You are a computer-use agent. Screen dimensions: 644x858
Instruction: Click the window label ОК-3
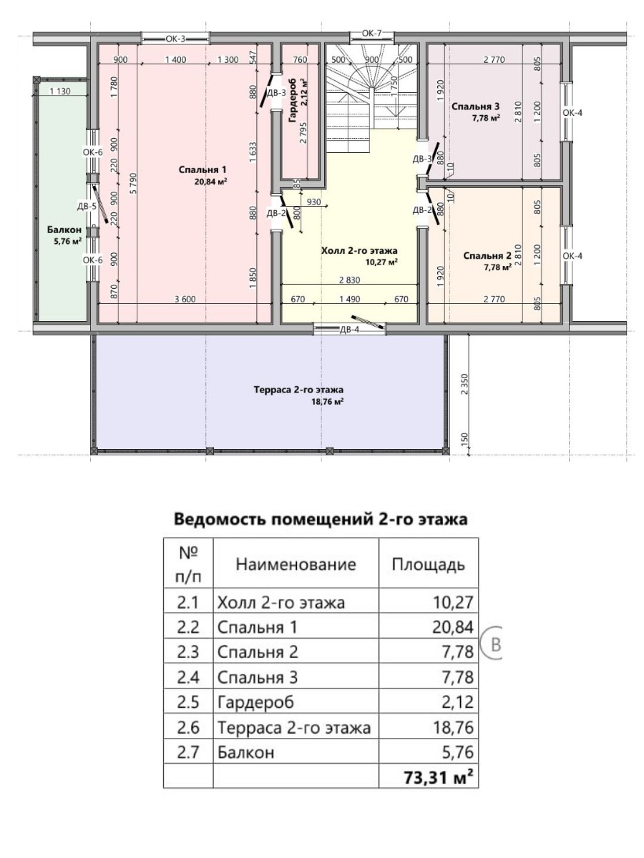pyautogui.click(x=175, y=39)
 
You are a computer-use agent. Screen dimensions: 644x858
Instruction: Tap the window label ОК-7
pyautogui.click(x=371, y=33)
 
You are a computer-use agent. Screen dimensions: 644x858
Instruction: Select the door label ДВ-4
pyautogui.click(x=349, y=330)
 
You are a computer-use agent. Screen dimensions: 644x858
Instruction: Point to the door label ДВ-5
pyautogui.click(x=87, y=207)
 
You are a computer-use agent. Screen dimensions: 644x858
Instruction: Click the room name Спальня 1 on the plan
pyautogui.click(x=203, y=169)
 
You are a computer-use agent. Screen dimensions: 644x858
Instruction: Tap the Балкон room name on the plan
pyautogui.click(x=64, y=230)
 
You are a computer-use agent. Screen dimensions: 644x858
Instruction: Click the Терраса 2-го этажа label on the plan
pyautogui.click(x=298, y=390)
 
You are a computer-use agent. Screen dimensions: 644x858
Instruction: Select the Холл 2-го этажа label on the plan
pyautogui.click(x=359, y=250)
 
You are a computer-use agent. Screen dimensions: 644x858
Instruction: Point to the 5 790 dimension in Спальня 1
pyautogui.click(x=134, y=183)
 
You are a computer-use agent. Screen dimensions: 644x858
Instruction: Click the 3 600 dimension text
pyautogui.click(x=185, y=300)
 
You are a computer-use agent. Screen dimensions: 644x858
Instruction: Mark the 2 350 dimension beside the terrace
pyautogui.click(x=464, y=385)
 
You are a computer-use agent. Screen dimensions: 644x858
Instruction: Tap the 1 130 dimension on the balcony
pyautogui.click(x=60, y=92)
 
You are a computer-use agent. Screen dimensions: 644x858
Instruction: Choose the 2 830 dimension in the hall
pyautogui.click(x=350, y=280)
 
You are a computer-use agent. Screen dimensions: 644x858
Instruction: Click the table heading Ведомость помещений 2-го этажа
pyautogui.click(x=321, y=520)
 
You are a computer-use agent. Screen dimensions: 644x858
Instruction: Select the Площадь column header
pyautogui.click(x=428, y=565)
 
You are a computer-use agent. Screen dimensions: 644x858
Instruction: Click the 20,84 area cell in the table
pyautogui.click(x=453, y=627)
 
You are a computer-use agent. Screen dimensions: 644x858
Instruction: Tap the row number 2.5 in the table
pyautogui.click(x=188, y=702)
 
